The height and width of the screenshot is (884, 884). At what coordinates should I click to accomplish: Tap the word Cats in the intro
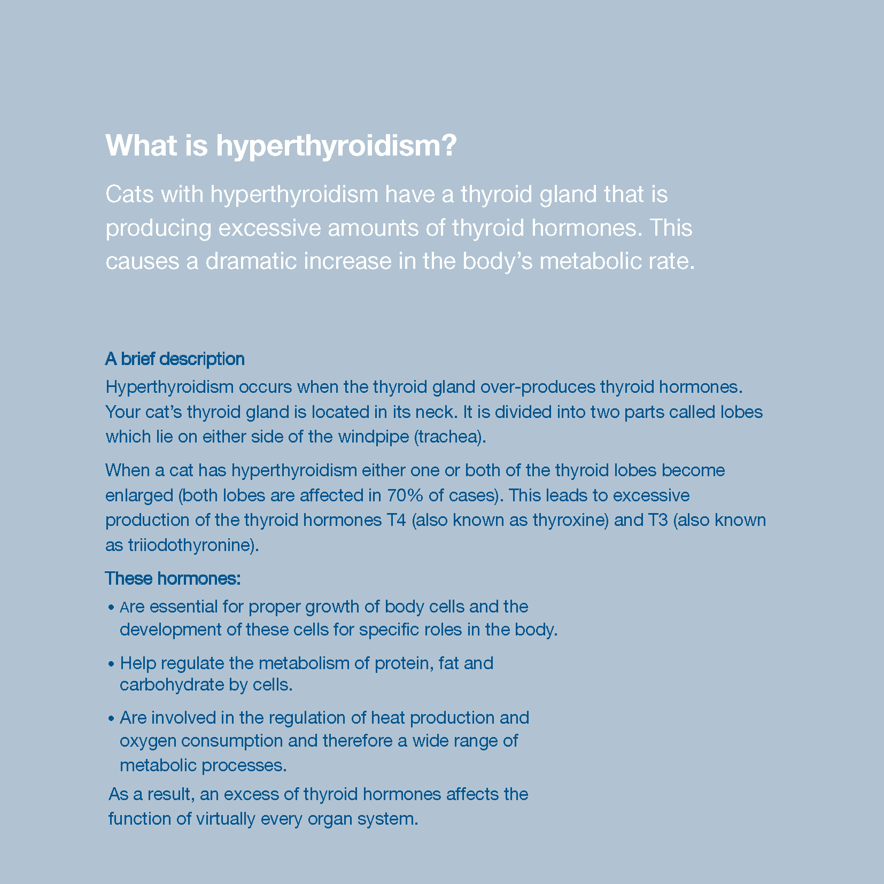pos(129,195)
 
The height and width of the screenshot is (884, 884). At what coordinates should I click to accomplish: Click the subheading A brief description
pos(175,359)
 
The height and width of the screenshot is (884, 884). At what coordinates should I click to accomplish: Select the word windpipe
pos(374,437)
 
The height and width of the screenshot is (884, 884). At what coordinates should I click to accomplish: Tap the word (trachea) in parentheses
pos(450,437)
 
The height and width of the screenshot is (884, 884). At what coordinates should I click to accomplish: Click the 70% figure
pos(405,495)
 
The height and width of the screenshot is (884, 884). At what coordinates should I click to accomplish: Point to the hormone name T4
pos(396,520)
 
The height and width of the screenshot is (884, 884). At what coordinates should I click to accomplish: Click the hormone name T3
pos(657,520)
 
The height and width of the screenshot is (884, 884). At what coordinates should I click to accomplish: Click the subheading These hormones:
pos(173,578)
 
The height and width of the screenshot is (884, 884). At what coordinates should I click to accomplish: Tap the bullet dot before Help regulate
pos(111,664)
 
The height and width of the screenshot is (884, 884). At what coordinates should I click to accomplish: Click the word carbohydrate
pos(166,685)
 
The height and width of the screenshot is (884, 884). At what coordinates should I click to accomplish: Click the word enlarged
pos(139,495)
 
